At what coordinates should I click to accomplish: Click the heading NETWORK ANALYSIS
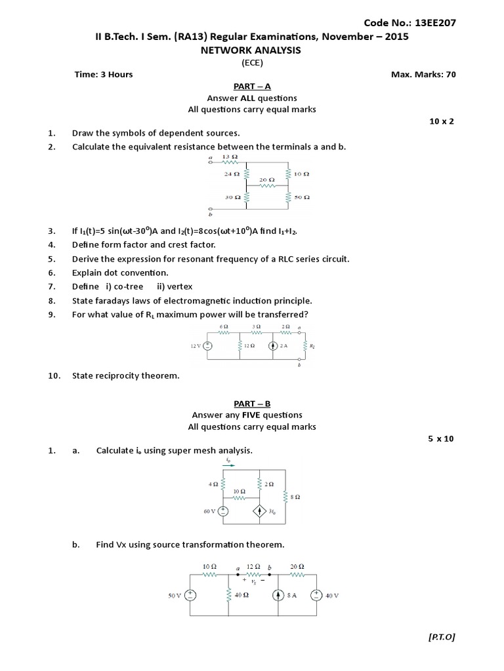[x=253, y=50]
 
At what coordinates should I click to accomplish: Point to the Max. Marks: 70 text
[x=423, y=74]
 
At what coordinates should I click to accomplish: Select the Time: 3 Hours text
[x=104, y=74]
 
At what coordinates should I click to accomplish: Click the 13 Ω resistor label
[x=230, y=157]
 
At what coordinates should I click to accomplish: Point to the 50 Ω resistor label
[x=302, y=197]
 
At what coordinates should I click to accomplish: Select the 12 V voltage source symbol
[x=208, y=345]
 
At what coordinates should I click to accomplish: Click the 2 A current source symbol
[x=272, y=345]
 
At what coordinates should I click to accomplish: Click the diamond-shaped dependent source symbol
[x=260, y=511]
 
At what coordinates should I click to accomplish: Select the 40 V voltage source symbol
[x=315, y=595]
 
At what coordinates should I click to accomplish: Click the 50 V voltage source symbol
[x=190, y=595]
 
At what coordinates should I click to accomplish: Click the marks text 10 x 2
[x=442, y=121]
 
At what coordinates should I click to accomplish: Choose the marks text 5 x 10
[x=441, y=438]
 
